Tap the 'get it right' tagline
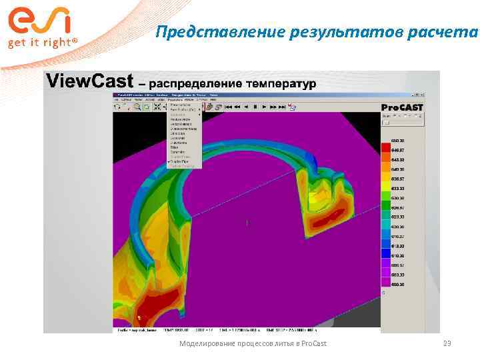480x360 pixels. click(42, 43)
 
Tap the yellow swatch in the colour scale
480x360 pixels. click(385, 179)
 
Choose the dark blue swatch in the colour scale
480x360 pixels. click(385, 253)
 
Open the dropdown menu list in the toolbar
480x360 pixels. click(184, 137)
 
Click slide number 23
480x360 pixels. click(447, 343)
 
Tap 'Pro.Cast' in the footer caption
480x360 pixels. click(313, 343)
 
